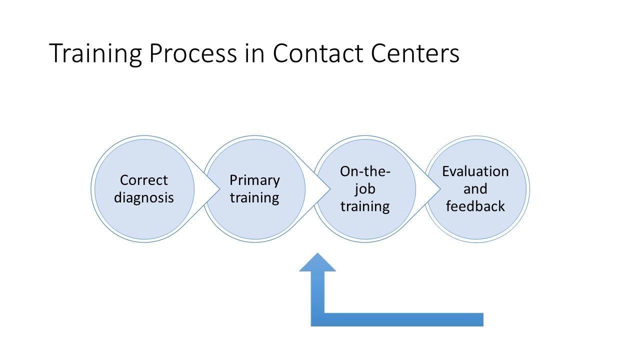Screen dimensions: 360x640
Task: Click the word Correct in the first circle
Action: coord(144,180)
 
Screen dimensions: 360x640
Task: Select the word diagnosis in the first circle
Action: coord(144,197)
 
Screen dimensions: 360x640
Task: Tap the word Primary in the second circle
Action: coord(254,180)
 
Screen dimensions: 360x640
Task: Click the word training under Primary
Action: coord(254,197)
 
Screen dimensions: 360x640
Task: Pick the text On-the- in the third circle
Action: coord(365,171)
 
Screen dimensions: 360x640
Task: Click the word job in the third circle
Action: coord(365,189)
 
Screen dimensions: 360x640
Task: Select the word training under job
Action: coord(365,206)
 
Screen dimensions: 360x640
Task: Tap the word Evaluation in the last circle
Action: coord(475,171)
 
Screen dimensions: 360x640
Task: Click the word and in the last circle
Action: coord(475,189)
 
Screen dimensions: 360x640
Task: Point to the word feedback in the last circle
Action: coord(475,206)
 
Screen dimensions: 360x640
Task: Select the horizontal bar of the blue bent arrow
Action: coord(400,319)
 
